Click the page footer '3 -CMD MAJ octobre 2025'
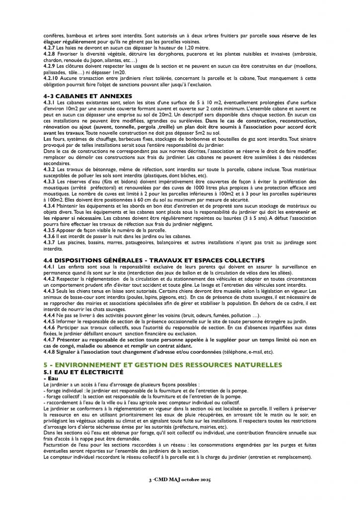click(x=180, y=495)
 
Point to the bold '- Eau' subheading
click(x=51, y=378)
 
